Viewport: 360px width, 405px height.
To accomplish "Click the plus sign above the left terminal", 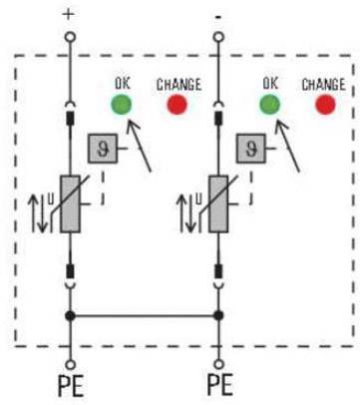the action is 69,14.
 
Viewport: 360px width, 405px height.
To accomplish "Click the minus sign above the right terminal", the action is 218,17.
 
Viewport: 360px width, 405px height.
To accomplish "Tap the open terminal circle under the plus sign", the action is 70,37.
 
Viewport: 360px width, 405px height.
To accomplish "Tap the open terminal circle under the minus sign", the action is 218,37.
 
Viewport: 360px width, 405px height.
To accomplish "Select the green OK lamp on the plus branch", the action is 122,105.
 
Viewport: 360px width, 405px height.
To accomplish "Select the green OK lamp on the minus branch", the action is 269,105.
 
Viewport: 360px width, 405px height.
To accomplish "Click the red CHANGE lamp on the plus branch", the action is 177,105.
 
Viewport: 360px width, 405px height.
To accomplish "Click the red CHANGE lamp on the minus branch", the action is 325,105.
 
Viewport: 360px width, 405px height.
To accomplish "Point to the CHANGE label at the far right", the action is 323,85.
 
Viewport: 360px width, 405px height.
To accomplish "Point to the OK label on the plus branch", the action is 123,83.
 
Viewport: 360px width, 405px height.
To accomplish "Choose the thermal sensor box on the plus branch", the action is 103,149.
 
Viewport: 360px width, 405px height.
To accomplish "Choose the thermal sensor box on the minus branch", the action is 251,149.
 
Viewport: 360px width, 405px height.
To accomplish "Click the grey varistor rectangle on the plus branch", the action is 70,203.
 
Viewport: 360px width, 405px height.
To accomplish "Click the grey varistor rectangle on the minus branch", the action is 218,203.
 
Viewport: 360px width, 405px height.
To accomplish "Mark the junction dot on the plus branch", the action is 70,315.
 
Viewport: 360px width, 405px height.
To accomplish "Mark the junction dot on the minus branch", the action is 218,315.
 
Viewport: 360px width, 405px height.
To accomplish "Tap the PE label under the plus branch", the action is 71,386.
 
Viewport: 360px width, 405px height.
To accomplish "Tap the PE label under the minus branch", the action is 219,385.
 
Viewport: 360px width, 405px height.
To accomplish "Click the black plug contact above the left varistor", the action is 70,119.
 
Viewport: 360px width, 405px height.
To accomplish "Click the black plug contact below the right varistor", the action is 218,271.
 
